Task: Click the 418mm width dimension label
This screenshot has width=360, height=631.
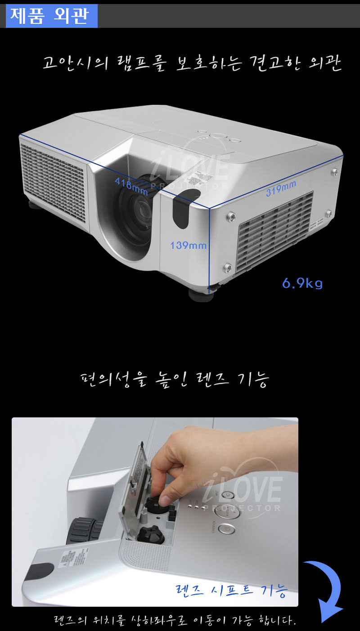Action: click(131, 187)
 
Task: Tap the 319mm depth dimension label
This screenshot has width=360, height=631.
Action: click(281, 188)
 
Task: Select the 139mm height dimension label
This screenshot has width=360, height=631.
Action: click(188, 246)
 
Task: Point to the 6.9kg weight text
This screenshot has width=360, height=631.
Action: click(302, 283)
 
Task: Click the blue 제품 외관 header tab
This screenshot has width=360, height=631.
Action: click(52, 16)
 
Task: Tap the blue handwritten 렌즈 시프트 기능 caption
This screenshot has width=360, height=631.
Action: click(232, 590)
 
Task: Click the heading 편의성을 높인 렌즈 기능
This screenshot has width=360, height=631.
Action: click(175, 380)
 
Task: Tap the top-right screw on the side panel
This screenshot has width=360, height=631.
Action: click(335, 171)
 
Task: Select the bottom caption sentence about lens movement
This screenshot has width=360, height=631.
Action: click(175, 620)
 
